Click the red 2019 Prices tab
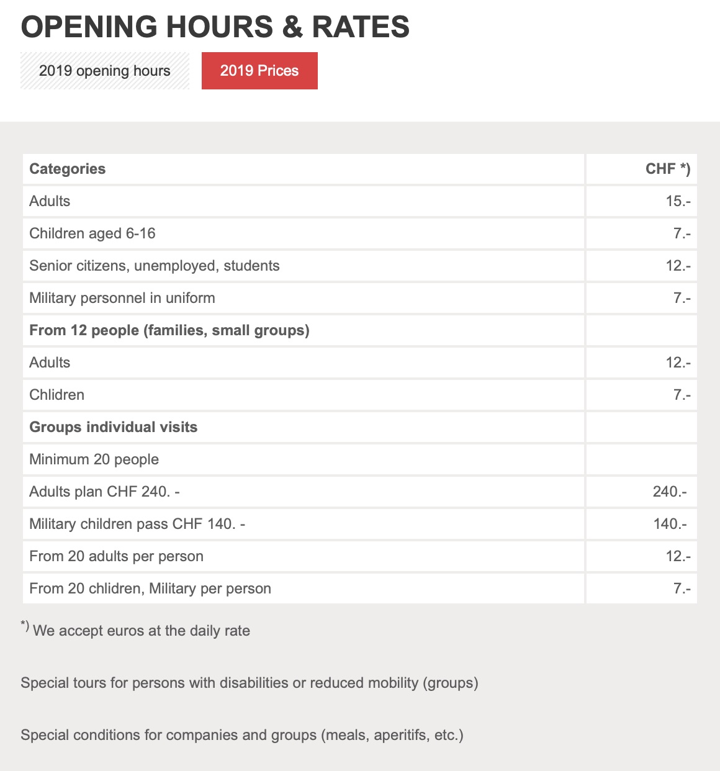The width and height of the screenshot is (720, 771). tap(259, 71)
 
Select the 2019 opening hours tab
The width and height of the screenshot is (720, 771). tap(105, 71)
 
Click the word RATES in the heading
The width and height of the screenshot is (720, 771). tap(360, 27)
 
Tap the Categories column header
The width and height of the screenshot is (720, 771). tap(68, 169)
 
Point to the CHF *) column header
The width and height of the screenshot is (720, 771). tap(668, 169)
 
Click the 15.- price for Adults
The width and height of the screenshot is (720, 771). tap(678, 201)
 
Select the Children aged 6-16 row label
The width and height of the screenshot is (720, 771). tap(92, 233)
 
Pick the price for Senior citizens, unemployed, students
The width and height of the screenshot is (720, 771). tap(678, 266)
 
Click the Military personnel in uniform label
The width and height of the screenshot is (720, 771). tap(122, 298)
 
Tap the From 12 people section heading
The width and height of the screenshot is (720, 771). tap(169, 330)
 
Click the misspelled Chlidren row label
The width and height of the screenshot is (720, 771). tap(57, 395)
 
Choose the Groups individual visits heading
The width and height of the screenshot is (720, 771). tap(114, 427)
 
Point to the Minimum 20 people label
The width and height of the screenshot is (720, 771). tap(94, 459)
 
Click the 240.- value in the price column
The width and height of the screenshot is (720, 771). tap(670, 492)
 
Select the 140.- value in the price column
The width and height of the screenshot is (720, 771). tap(670, 524)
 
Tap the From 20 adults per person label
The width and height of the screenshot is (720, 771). tap(117, 556)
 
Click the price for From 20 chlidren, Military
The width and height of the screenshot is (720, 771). tap(682, 588)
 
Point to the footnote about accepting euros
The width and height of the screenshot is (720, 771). tap(141, 631)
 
